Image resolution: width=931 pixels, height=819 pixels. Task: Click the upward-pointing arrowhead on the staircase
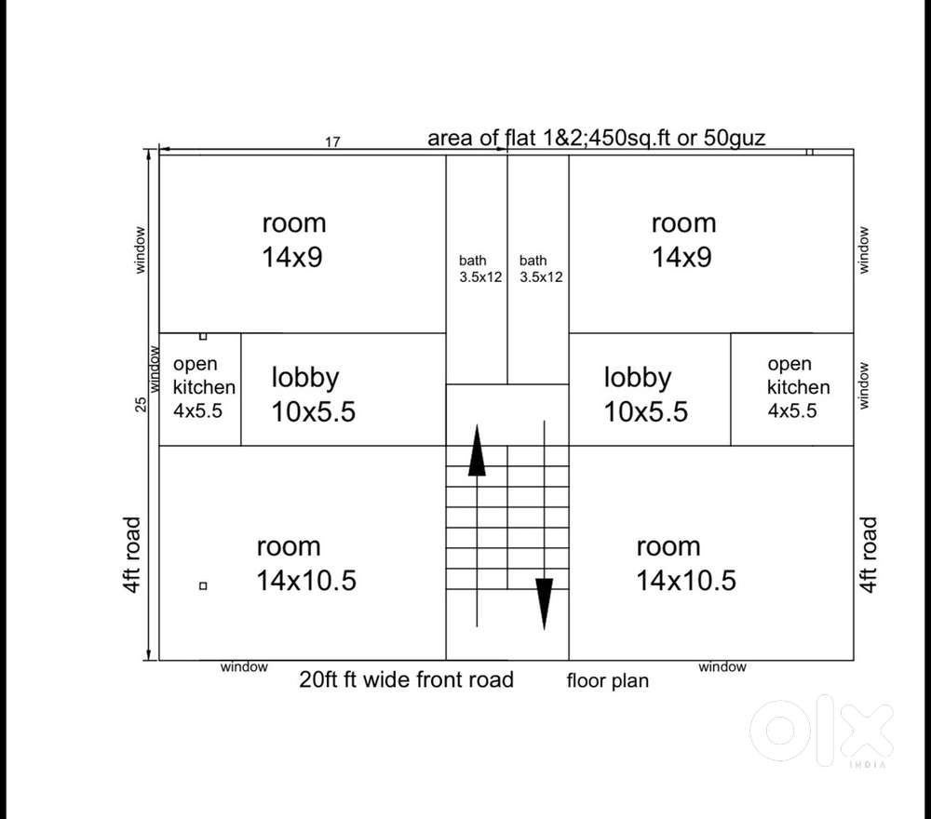pos(477,451)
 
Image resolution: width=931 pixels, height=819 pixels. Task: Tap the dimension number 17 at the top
pos(332,142)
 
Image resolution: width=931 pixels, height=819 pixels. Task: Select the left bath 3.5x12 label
pos(479,269)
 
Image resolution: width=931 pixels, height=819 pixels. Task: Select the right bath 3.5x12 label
pos(541,269)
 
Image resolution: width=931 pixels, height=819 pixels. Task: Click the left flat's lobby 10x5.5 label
pos(313,395)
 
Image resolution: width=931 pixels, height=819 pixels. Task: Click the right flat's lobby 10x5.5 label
pos(645,395)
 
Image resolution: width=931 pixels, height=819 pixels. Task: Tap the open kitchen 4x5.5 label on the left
pos(203,387)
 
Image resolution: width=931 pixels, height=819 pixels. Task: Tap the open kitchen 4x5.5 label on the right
pos(798,387)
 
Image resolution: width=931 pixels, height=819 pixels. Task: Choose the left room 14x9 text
pos(293,240)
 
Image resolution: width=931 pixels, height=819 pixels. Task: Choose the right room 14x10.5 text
pos(685,564)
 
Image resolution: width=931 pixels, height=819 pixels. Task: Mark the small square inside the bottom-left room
pos(203,585)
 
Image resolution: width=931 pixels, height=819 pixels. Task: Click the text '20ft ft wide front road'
pos(406,679)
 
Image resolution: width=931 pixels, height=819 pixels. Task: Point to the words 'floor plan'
pos(607,681)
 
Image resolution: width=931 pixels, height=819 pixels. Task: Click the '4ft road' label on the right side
pos(869,555)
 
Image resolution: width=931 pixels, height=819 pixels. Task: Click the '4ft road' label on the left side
pos(132,555)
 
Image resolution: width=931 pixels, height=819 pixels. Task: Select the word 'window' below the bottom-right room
pos(722,666)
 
